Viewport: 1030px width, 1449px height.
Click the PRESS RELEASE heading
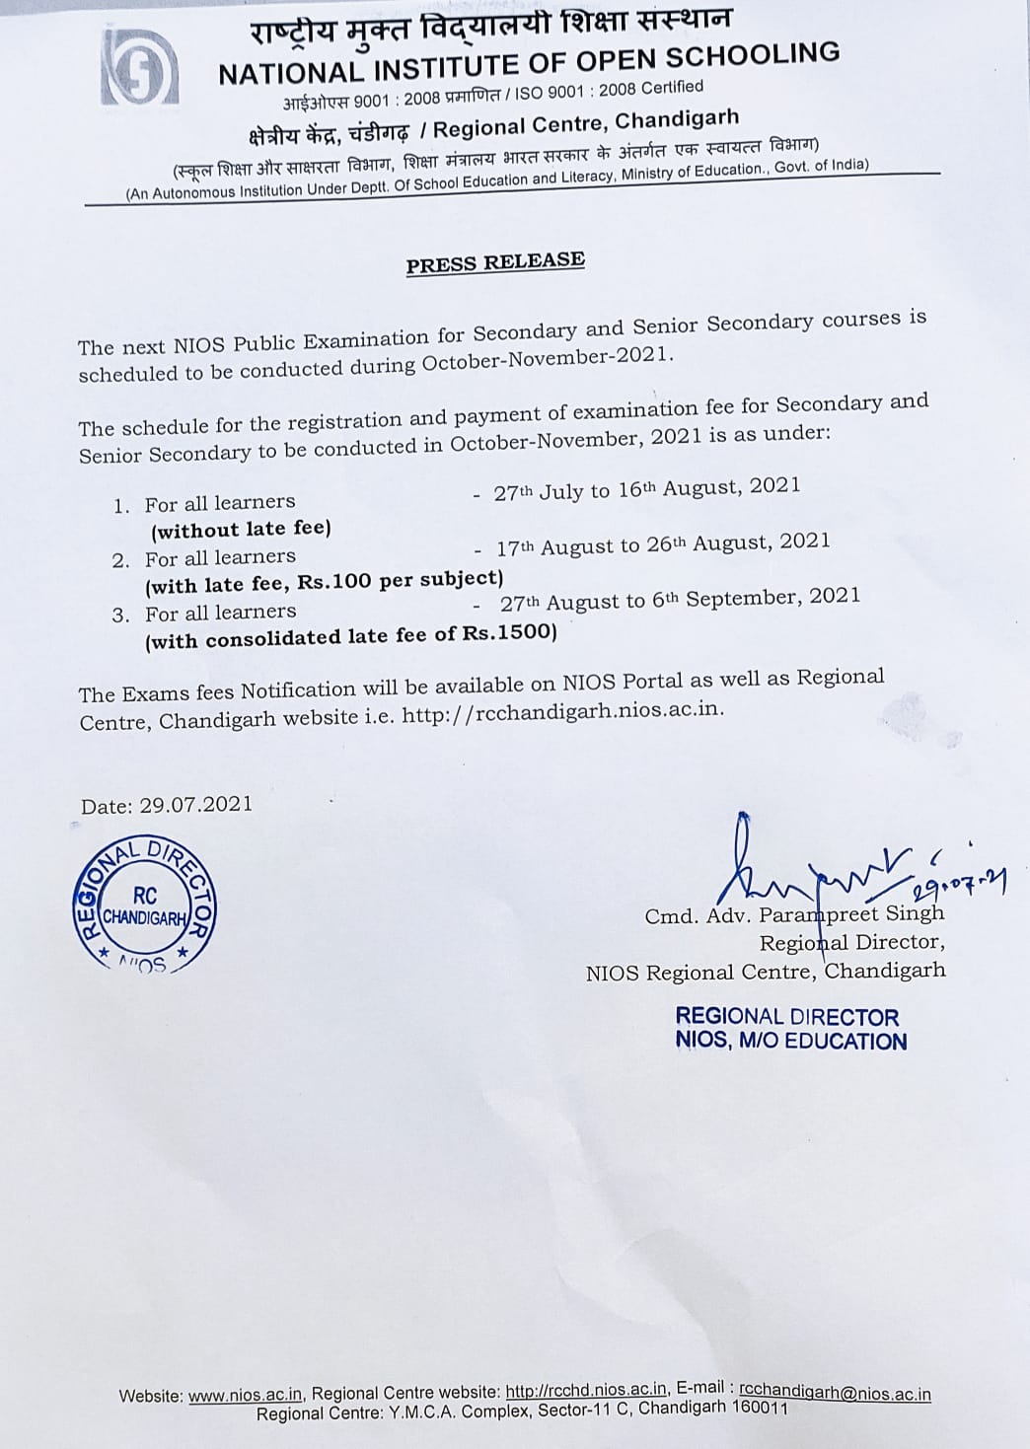[495, 263]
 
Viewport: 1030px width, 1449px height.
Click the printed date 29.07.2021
[195, 804]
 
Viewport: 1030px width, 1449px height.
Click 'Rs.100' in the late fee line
[334, 582]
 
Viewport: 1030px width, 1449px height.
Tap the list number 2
[120, 560]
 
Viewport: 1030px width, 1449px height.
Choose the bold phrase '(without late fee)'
[241, 530]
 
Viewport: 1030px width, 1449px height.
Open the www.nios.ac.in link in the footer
[245, 1395]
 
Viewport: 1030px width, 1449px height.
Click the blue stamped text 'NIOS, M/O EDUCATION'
[790, 1041]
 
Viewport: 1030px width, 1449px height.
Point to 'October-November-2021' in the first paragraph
[548, 359]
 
